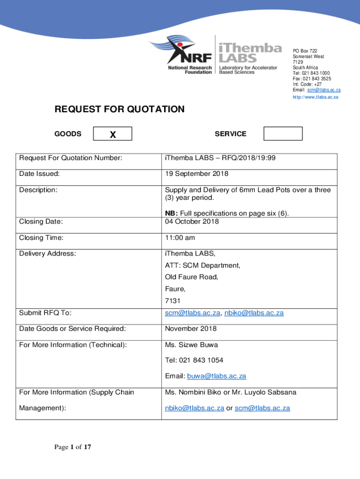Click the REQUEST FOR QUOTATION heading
pos(120,109)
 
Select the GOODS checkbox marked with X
pos(113,134)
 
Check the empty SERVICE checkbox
pos(283,134)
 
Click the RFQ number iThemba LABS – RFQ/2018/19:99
pos(220,158)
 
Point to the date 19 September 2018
pos(196,174)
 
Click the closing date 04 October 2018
pos(192,221)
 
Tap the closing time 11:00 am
pos(180,238)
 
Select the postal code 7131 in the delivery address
pos(172,301)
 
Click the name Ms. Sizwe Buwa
pos(191,345)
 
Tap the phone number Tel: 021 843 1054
pos(194,360)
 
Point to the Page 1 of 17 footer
pos(72,448)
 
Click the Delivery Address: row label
pos(47,254)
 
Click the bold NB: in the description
pos(170,214)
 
